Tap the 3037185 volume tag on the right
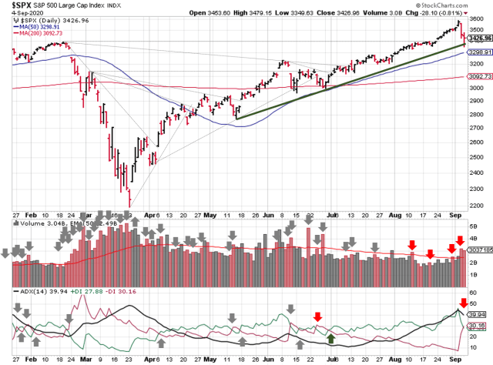pos(478,250)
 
